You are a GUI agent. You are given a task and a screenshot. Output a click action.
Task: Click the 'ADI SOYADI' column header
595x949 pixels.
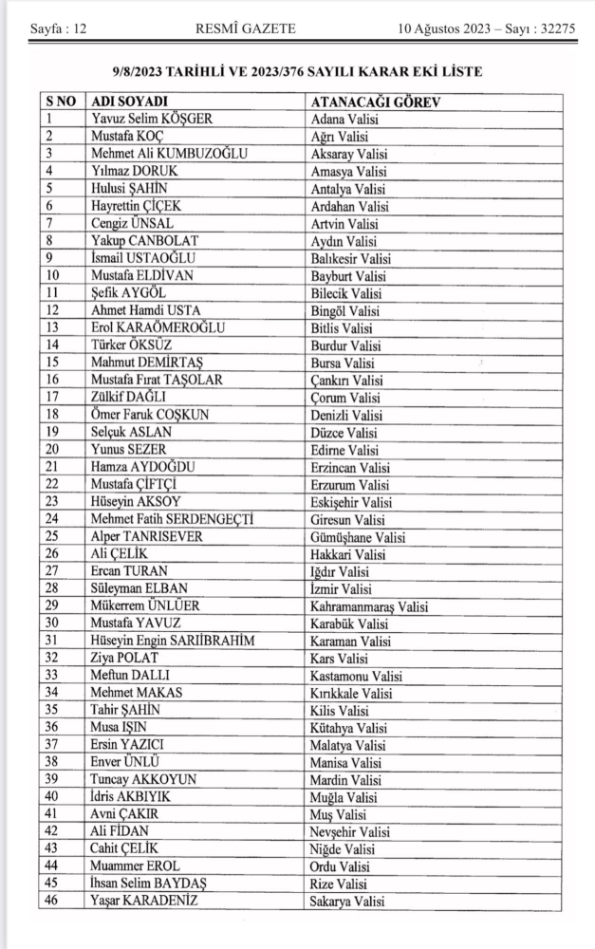point(128,102)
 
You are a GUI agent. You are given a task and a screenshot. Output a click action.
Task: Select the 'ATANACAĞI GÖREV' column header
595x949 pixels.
point(381,102)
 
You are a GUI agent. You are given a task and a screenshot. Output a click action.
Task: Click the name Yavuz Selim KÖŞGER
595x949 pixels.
point(152,120)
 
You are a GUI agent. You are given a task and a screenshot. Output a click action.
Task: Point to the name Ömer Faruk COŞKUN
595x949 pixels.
point(149,415)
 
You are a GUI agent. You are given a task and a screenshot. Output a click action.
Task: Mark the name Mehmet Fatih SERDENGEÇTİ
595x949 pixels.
point(177,519)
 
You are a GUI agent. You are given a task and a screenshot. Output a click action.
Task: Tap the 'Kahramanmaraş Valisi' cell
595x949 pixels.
point(370,605)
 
